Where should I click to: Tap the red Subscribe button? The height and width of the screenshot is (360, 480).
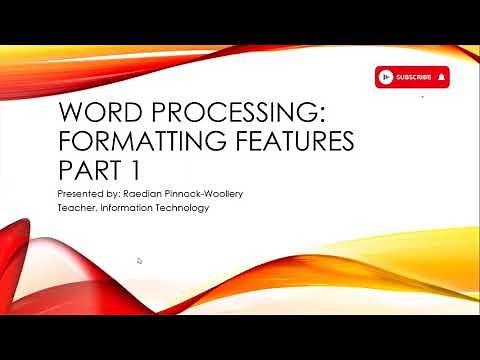[x=412, y=77]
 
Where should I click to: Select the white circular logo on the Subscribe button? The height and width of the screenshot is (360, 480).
[x=386, y=77]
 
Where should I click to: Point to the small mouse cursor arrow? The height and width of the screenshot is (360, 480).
[x=139, y=260]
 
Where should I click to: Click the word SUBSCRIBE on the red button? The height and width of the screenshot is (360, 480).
[x=413, y=77]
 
